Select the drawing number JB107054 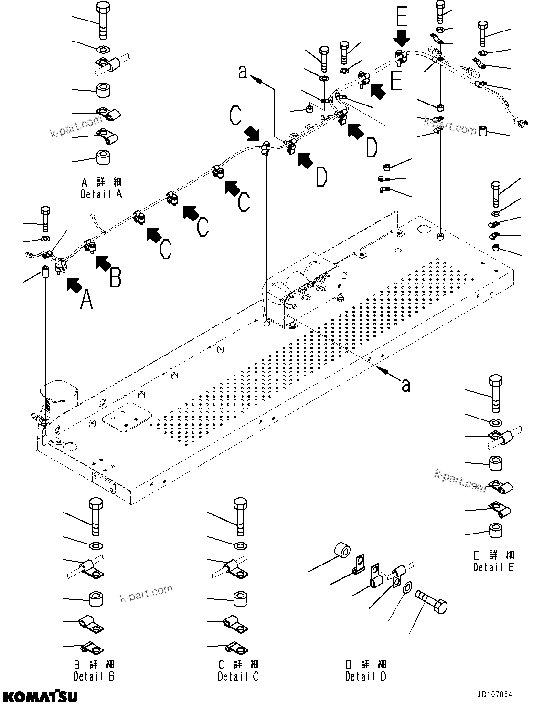494,695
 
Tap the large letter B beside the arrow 115,278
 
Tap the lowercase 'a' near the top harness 243,73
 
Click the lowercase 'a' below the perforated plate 405,385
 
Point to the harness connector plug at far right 522,123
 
